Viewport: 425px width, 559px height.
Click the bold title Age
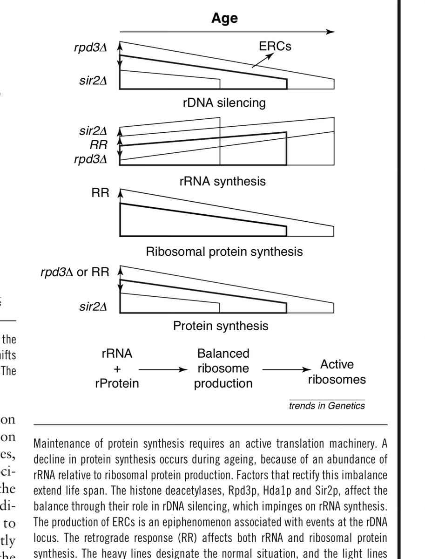pos(224,18)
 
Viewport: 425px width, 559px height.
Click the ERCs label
pos(275,46)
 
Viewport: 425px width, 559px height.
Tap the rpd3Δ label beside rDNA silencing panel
pos(91,48)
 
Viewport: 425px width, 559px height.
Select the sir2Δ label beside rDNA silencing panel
pos(94,81)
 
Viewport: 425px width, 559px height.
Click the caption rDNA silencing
pos(224,102)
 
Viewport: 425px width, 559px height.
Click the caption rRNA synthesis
pos(223,181)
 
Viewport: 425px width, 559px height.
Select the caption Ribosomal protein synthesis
pos(224,252)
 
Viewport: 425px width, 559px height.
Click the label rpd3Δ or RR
pos(74,272)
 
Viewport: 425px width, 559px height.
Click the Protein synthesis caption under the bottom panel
pos(221,326)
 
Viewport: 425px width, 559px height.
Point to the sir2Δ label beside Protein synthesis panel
pos(94,307)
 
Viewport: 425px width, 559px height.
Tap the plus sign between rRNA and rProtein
pos(117,369)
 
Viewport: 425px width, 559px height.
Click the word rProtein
pos(117,383)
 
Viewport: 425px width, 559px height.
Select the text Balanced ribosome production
pos(223,368)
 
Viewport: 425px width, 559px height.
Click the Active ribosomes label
pos(337,372)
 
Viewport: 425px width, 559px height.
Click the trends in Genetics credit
pos(327,406)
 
